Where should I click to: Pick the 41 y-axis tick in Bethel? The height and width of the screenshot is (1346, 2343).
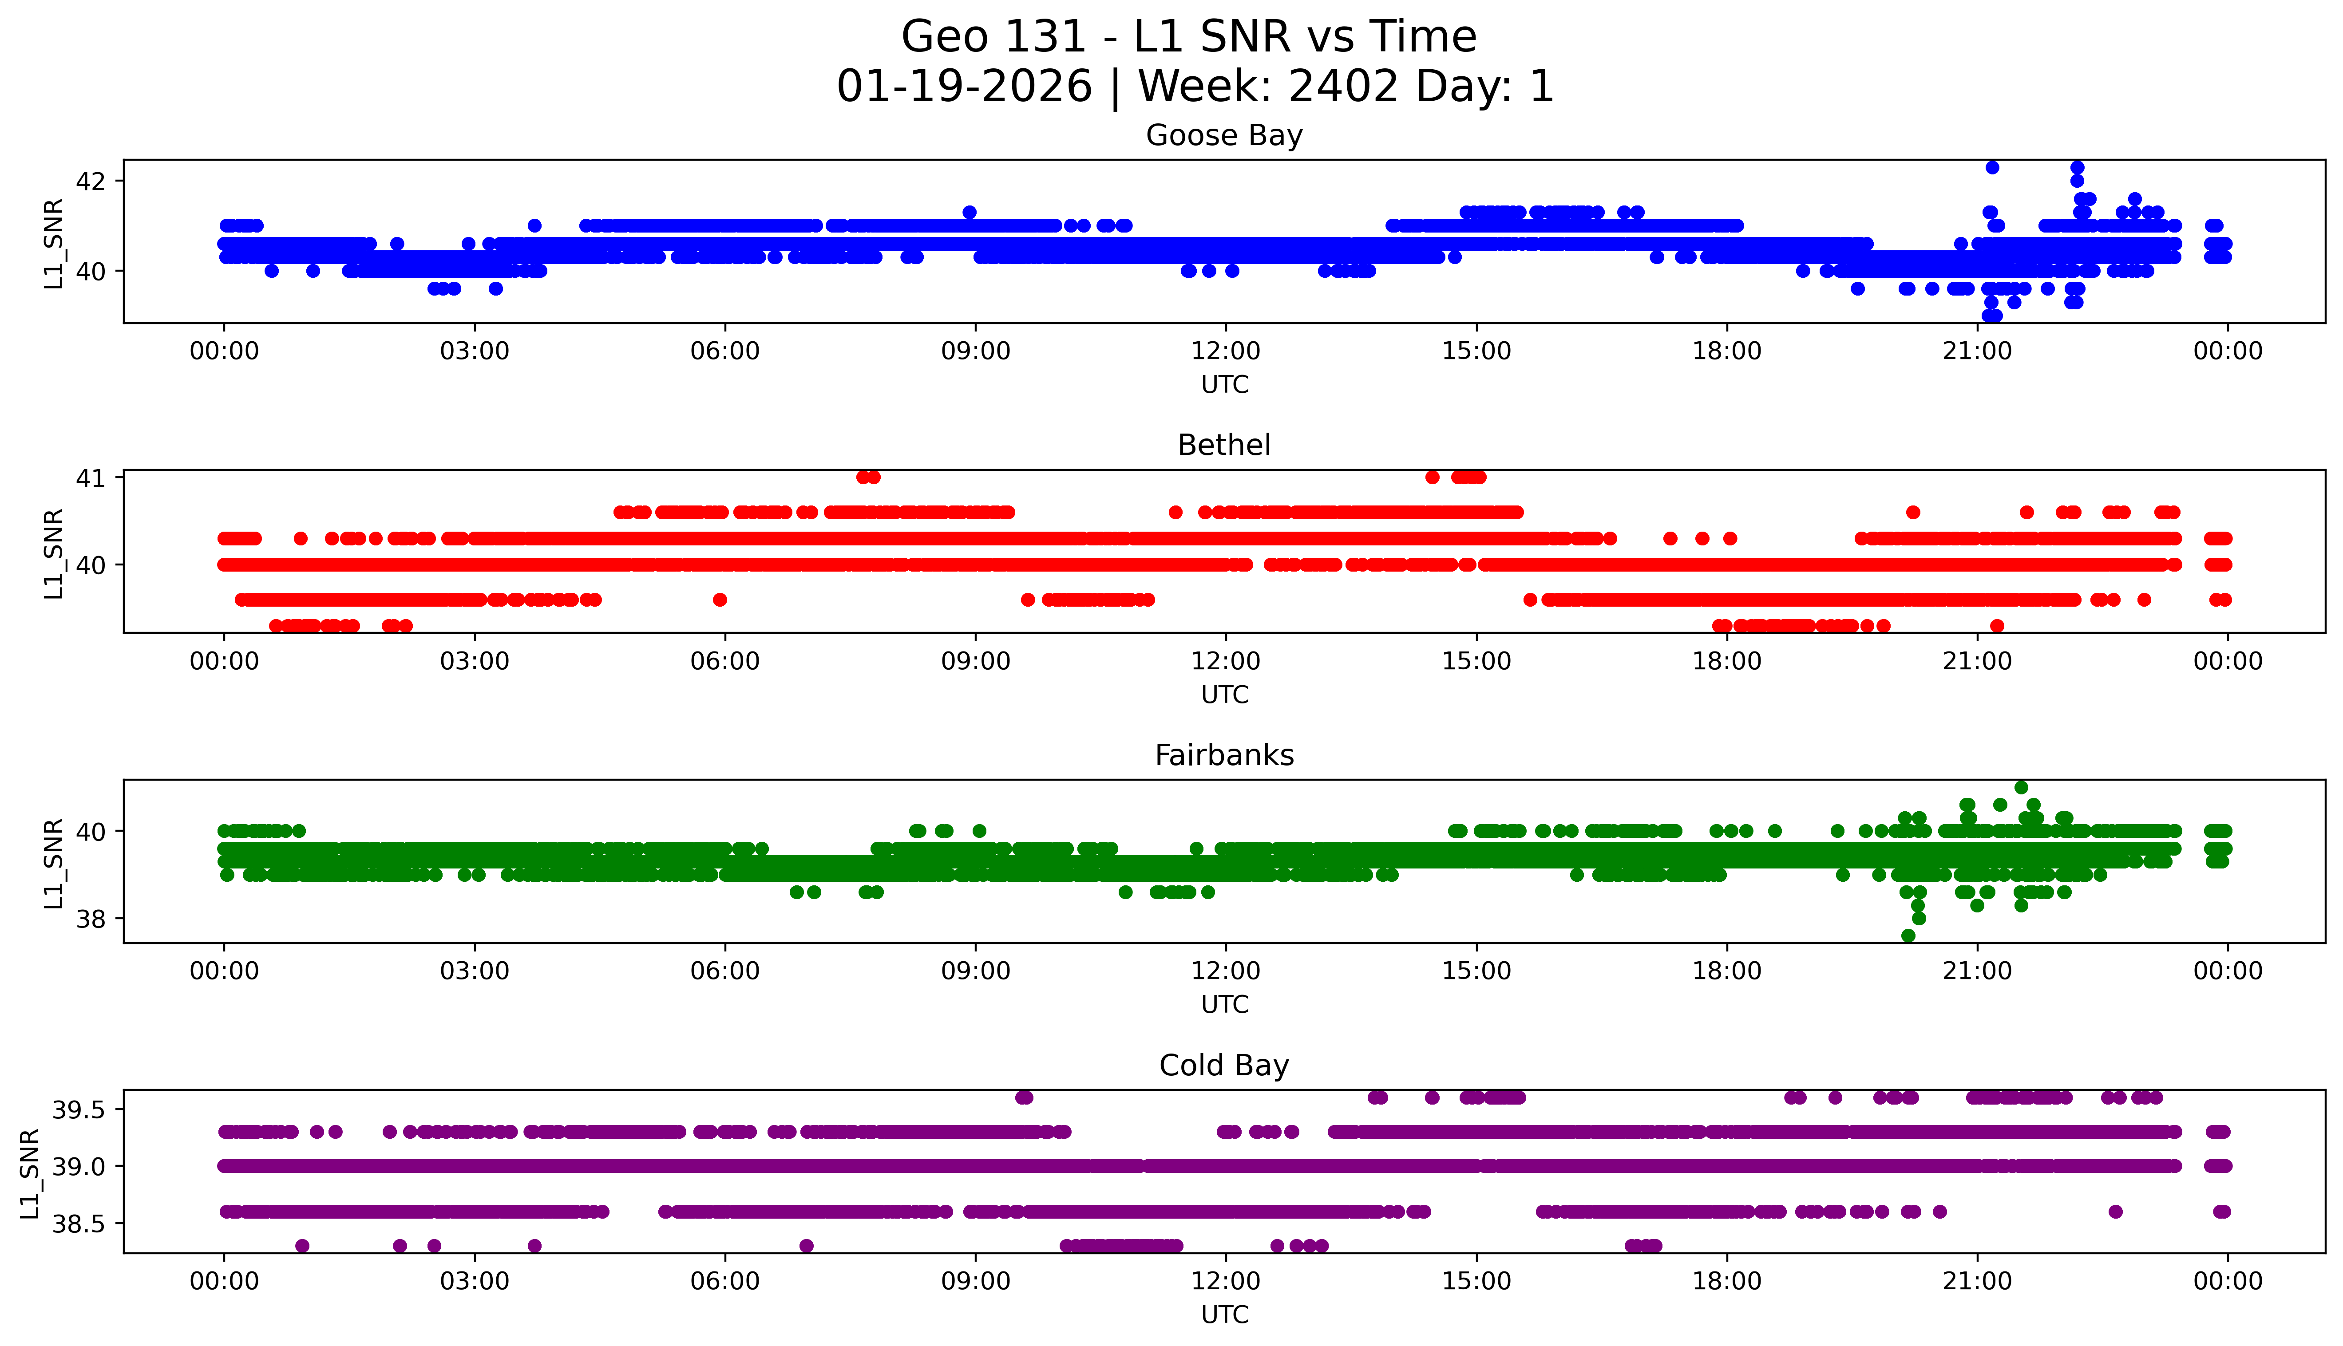point(92,478)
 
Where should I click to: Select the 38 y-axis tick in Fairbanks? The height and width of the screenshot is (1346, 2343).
point(92,919)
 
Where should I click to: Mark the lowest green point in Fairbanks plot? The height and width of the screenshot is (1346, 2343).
point(1908,935)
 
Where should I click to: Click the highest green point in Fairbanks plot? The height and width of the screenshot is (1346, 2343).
point(2021,788)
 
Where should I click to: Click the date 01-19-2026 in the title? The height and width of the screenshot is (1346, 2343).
point(964,87)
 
